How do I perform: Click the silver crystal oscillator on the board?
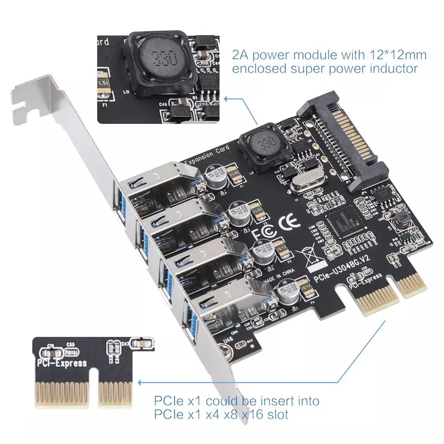[x=303, y=179]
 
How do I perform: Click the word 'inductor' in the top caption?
[x=388, y=69]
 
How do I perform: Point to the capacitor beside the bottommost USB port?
[x=284, y=293]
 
